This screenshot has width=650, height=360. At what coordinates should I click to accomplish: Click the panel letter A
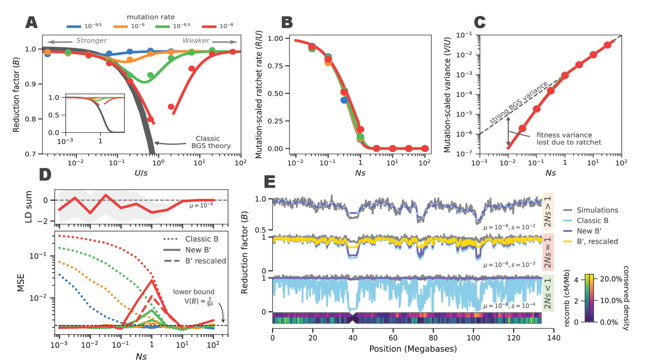(x=32, y=23)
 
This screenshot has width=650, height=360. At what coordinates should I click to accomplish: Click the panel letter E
(x=270, y=182)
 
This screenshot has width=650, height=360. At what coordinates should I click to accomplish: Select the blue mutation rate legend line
(x=73, y=27)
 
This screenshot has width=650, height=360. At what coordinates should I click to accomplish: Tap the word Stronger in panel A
(x=91, y=41)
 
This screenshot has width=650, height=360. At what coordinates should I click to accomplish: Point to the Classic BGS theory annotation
(x=211, y=142)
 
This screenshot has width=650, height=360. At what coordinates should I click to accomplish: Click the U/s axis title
(x=141, y=173)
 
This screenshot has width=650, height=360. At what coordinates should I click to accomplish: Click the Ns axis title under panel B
(x=360, y=173)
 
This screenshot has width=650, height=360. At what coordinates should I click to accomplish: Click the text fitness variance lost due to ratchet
(x=568, y=139)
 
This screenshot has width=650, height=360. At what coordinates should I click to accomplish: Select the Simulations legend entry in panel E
(x=597, y=210)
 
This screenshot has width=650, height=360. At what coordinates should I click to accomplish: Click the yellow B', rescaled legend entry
(x=597, y=241)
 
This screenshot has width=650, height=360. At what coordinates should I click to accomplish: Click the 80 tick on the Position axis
(x=433, y=337)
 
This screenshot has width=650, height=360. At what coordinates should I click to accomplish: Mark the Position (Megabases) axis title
(x=413, y=349)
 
